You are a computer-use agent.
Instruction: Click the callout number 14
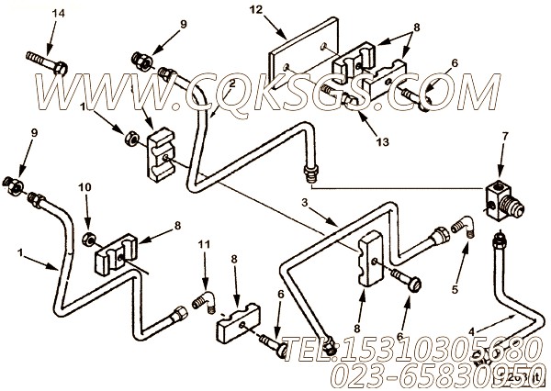[34, 13]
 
